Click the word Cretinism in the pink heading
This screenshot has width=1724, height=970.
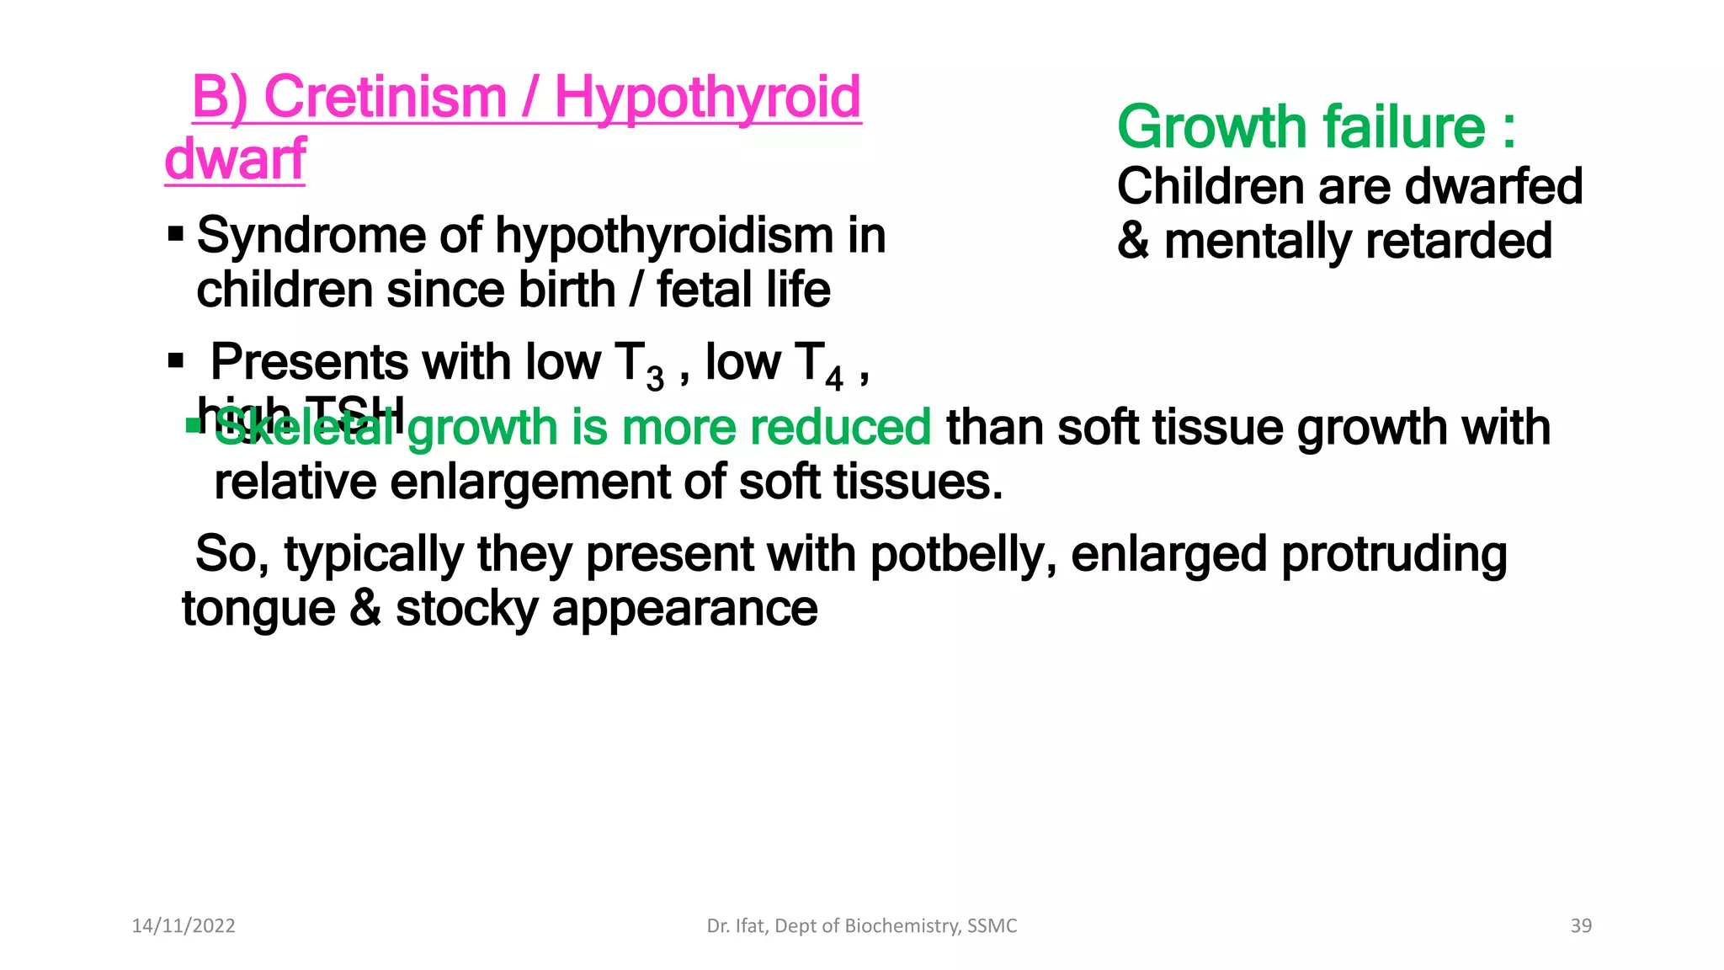coord(385,97)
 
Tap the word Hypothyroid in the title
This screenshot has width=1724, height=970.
coord(707,99)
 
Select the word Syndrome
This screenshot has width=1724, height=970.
coord(311,235)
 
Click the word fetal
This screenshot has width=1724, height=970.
coord(703,290)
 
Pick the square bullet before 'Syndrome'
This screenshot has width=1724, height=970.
coord(175,232)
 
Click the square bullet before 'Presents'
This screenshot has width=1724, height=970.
coord(175,361)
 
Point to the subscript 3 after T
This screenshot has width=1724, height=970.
coord(655,380)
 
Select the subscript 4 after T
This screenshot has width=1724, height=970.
coord(833,380)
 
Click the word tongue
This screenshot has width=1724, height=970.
coord(258,610)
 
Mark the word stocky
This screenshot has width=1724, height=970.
coord(466,610)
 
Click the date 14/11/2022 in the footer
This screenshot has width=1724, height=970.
coord(184,926)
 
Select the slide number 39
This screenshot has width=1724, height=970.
coord(1581,926)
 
